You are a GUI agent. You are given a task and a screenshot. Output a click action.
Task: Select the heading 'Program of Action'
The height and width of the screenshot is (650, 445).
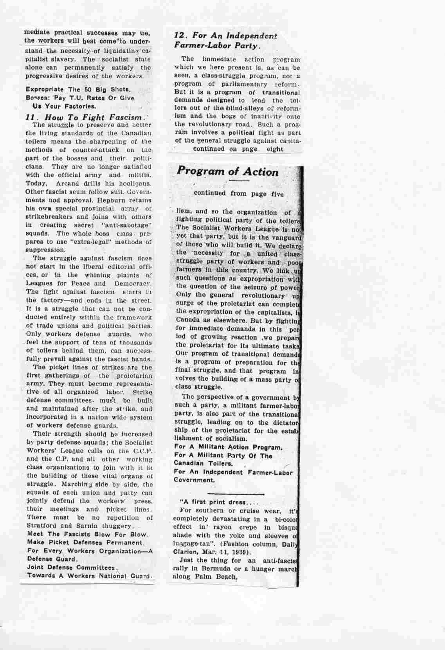[228, 171]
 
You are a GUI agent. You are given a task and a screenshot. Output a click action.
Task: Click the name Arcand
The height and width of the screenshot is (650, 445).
[68, 183]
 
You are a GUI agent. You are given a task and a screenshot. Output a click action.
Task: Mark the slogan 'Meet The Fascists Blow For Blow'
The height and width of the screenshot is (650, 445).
[87, 534]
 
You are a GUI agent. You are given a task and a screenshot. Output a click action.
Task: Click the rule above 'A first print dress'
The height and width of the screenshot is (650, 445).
[236, 493]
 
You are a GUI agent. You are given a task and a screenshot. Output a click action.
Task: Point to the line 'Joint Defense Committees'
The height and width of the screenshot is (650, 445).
[71, 567]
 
